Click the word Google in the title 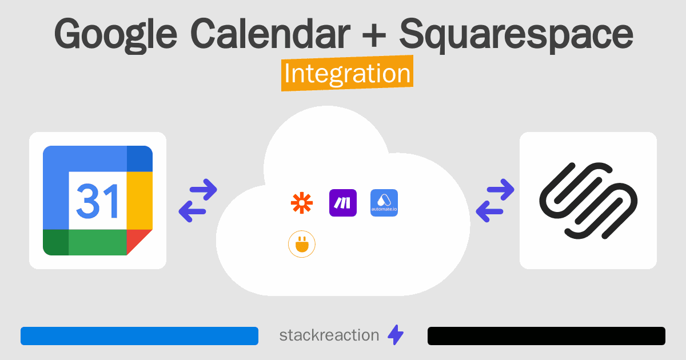(115, 35)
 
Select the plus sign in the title (374, 37)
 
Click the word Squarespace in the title (516, 35)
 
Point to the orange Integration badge (348, 73)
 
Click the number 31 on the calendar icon (97, 201)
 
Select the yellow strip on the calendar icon (139, 201)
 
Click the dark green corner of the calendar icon (56, 242)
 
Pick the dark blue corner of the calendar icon (139, 159)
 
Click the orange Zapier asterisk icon (302, 203)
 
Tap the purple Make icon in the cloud (343, 203)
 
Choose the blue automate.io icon (384, 203)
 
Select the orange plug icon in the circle (302, 244)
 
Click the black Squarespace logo (588, 201)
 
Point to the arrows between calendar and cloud (198, 200)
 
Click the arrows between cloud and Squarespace (495, 200)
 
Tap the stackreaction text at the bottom (329, 335)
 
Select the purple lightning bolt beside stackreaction (396, 335)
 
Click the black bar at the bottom (547, 336)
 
